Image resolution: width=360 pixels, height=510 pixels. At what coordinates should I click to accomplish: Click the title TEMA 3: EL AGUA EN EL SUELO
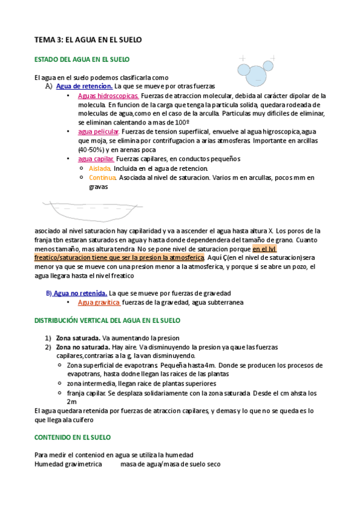[88, 40]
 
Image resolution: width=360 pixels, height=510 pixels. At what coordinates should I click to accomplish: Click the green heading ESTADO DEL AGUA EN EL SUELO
[82, 60]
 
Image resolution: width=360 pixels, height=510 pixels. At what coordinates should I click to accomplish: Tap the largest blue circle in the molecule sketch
[257, 75]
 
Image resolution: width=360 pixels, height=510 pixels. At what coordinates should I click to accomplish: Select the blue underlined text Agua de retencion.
[84, 86]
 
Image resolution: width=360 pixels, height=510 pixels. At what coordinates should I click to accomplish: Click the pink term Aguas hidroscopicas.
[108, 95]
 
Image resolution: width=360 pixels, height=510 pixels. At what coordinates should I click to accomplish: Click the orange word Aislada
[100, 168]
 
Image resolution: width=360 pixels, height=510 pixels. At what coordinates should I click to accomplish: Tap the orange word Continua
[102, 177]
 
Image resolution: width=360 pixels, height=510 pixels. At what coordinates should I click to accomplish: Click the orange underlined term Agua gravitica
[99, 303]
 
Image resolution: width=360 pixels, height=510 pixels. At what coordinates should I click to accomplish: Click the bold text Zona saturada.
[78, 338]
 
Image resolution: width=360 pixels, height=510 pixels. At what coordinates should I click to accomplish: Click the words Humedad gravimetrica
[68, 464]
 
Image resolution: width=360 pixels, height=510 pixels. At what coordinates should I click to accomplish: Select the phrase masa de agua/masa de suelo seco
[170, 464]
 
